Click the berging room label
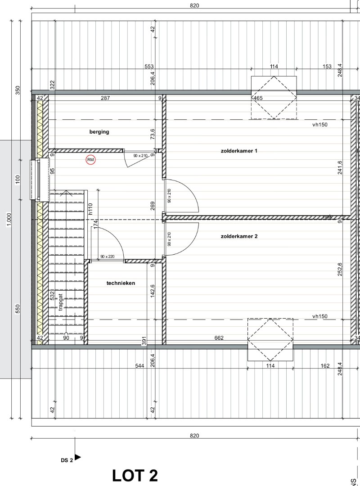[99, 132]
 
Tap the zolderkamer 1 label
[239, 151]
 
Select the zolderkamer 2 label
[239, 236]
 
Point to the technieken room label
[121, 283]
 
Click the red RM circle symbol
[91, 159]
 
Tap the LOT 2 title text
[135, 475]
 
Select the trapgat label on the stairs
[60, 303]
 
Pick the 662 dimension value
[219, 338]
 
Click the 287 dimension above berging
[105, 98]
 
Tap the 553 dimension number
[149, 67]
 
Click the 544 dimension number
[139, 366]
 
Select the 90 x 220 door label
[108, 256]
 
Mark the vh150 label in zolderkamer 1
[320, 125]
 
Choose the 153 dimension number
[327, 67]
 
